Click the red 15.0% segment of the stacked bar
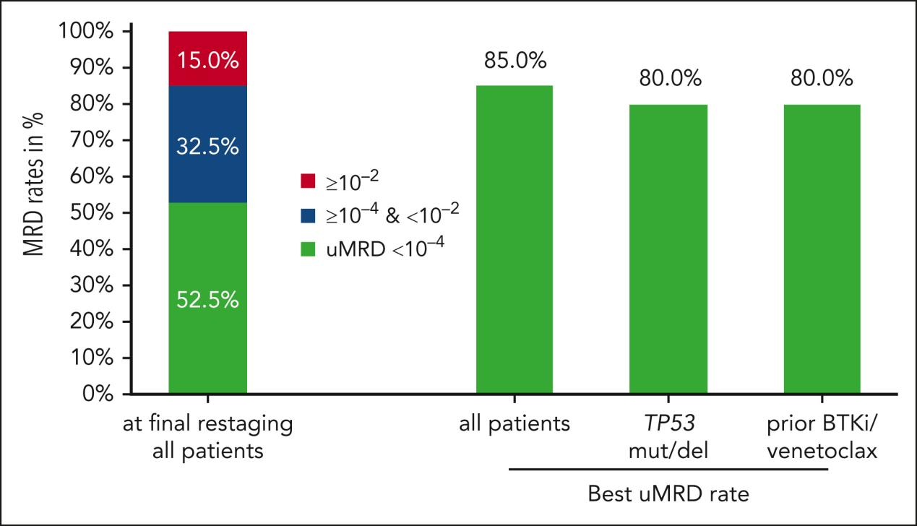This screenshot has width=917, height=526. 208,59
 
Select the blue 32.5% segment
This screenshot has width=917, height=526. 208,145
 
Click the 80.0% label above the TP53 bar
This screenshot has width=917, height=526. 668,79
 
